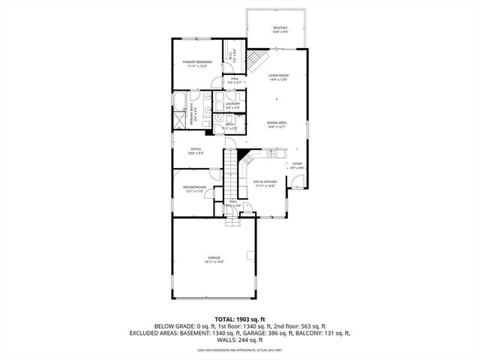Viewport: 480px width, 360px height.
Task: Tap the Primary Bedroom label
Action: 197,64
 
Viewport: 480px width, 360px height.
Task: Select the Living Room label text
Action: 278,77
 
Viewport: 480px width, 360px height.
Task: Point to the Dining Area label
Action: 277,124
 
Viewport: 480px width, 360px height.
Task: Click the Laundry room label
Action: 232,105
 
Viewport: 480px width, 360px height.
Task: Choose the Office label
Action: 196,151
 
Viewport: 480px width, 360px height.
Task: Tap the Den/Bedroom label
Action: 195,189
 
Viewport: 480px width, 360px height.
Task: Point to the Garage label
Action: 214,259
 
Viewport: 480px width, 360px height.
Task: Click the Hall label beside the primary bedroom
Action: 235,79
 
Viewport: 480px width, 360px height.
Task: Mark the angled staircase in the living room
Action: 258,61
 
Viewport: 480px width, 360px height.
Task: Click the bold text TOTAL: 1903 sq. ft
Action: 240,319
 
